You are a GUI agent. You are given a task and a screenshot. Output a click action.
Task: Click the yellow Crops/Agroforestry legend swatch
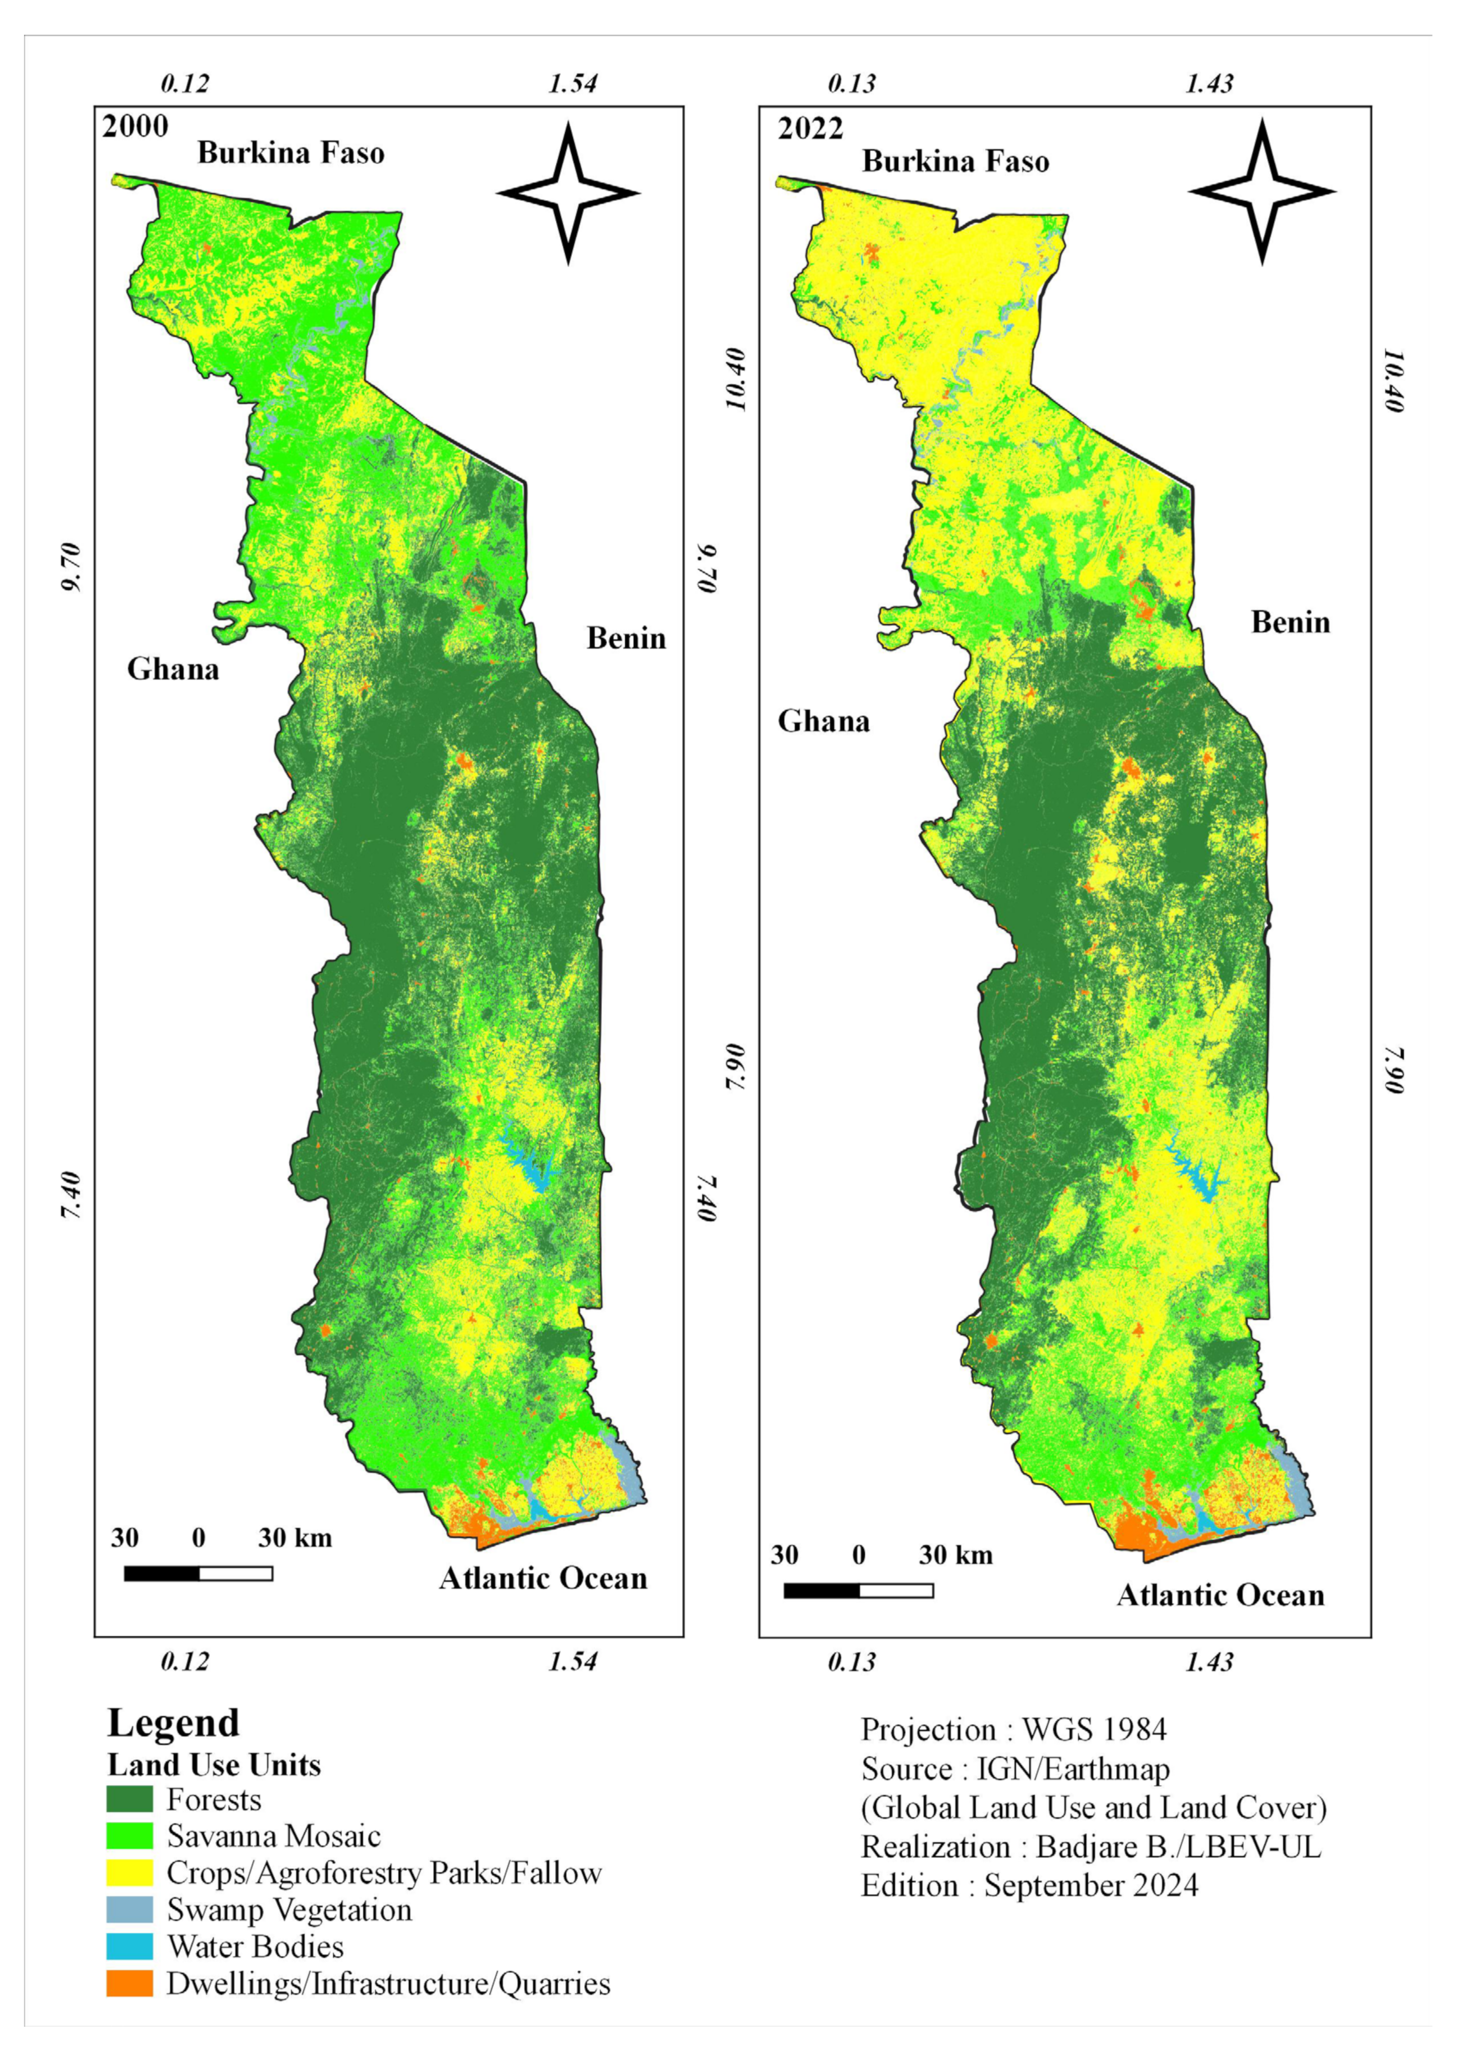130,1873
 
